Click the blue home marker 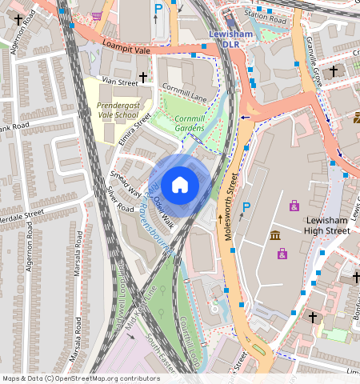(180, 185)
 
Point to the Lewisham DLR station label (230, 40)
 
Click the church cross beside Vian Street (144, 78)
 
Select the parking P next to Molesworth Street (246, 207)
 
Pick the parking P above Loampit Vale (158, 10)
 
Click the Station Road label (264, 15)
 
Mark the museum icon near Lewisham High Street (275, 235)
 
